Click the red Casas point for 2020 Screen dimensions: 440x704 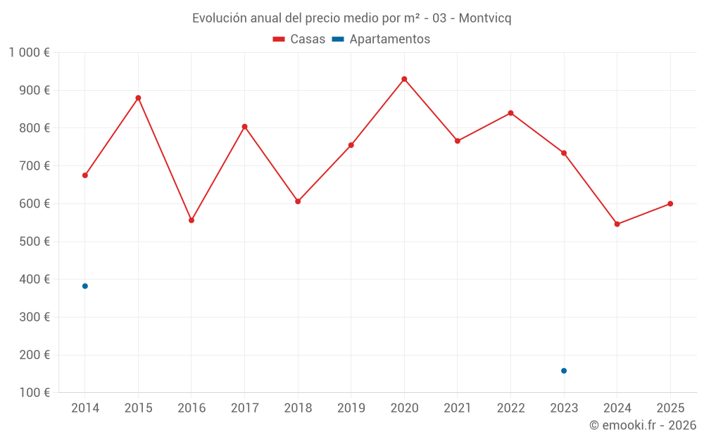[404, 79]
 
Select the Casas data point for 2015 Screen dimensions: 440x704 [138, 98]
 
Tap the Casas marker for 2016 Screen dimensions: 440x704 [191, 220]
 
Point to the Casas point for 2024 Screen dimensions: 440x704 [617, 224]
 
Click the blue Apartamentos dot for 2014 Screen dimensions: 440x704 [85, 286]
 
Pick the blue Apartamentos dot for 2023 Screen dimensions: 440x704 [564, 371]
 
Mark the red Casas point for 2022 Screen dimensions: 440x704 [510, 113]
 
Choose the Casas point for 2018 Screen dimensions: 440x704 [298, 201]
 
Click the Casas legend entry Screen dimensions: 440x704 [299, 39]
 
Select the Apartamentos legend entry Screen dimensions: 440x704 [381, 39]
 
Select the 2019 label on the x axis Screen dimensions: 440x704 [351, 408]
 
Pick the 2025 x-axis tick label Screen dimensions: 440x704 [670, 408]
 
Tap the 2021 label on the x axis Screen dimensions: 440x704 [458, 408]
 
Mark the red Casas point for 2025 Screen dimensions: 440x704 [670, 203]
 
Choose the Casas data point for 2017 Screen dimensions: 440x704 [244, 127]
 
